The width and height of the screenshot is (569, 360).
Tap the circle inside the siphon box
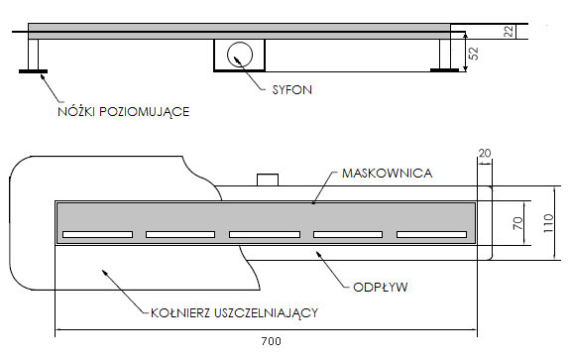pyautogui.click(x=240, y=54)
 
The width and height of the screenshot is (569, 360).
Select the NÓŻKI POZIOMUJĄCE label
pyautogui.click(x=123, y=111)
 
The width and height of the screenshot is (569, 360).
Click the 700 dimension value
pyautogui.click(x=270, y=341)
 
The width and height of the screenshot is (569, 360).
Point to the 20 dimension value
pyautogui.click(x=484, y=152)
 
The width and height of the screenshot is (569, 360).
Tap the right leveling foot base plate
pyautogui.click(x=443, y=68)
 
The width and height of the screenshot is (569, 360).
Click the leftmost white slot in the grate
pyautogui.click(x=97, y=235)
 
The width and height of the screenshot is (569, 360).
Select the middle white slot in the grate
pyautogui.click(x=265, y=235)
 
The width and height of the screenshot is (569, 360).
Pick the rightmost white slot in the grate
pyautogui.click(x=432, y=235)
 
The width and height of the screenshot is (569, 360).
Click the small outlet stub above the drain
pyautogui.click(x=268, y=180)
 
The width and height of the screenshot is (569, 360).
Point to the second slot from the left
pyautogui.click(x=181, y=235)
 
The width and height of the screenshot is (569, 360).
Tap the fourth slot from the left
pyautogui.click(x=349, y=235)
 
